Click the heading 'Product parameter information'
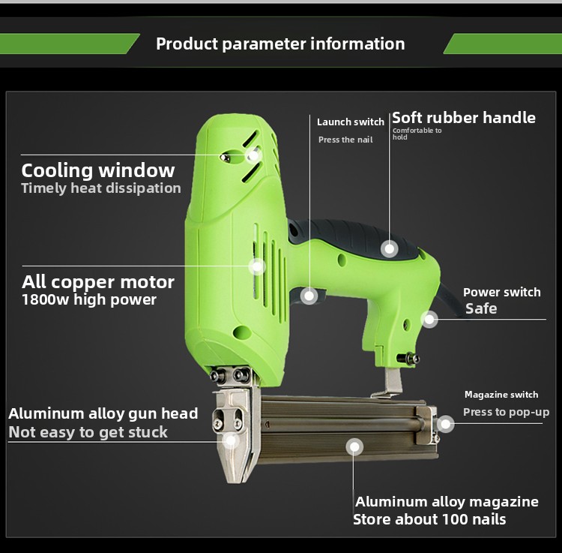pos(280,44)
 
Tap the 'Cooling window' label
pos(98,170)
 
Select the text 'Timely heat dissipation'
pos(101,188)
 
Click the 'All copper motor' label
pos(98,282)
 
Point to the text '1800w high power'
pos(89,299)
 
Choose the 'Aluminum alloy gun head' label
pos(103,413)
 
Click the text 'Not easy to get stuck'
pos(88,432)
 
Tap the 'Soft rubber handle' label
pos(464,118)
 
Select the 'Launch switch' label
pos(351,122)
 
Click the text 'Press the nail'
pos(345,140)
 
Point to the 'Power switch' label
pos(502,292)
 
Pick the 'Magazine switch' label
pos(501,395)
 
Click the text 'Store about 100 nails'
pos(429,519)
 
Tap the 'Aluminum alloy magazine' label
pos(447,501)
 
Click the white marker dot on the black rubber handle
pos(389,248)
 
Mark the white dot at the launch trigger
pos(309,296)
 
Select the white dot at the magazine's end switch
pos(446,424)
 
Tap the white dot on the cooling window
pos(253,155)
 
